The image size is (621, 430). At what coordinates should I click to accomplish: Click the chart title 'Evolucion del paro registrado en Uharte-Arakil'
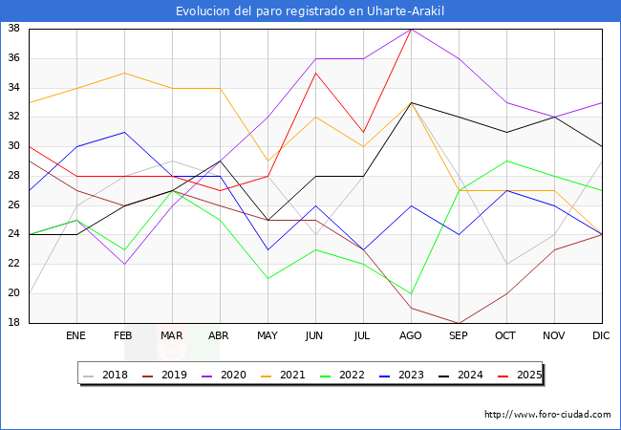(x=310, y=11)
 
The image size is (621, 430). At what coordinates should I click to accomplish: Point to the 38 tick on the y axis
(x=14, y=29)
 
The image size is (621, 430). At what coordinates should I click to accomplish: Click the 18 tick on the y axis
(x=14, y=323)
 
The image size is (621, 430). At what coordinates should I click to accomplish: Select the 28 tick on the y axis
(x=14, y=176)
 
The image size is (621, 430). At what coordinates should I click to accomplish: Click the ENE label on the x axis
(x=76, y=336)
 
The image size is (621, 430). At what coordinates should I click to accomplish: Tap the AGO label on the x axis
(x=411, y=336)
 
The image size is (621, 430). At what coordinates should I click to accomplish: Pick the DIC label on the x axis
(x=602, y=336)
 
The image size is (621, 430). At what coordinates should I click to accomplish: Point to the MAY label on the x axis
(x=268, y=336)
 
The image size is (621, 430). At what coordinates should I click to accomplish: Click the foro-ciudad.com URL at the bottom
(x=547, y=415)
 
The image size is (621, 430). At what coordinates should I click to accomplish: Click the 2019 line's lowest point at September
(x=459, y=323)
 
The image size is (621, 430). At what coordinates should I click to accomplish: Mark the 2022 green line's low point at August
(x=411, y=293)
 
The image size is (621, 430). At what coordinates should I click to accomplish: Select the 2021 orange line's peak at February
(x=124, y=73)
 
